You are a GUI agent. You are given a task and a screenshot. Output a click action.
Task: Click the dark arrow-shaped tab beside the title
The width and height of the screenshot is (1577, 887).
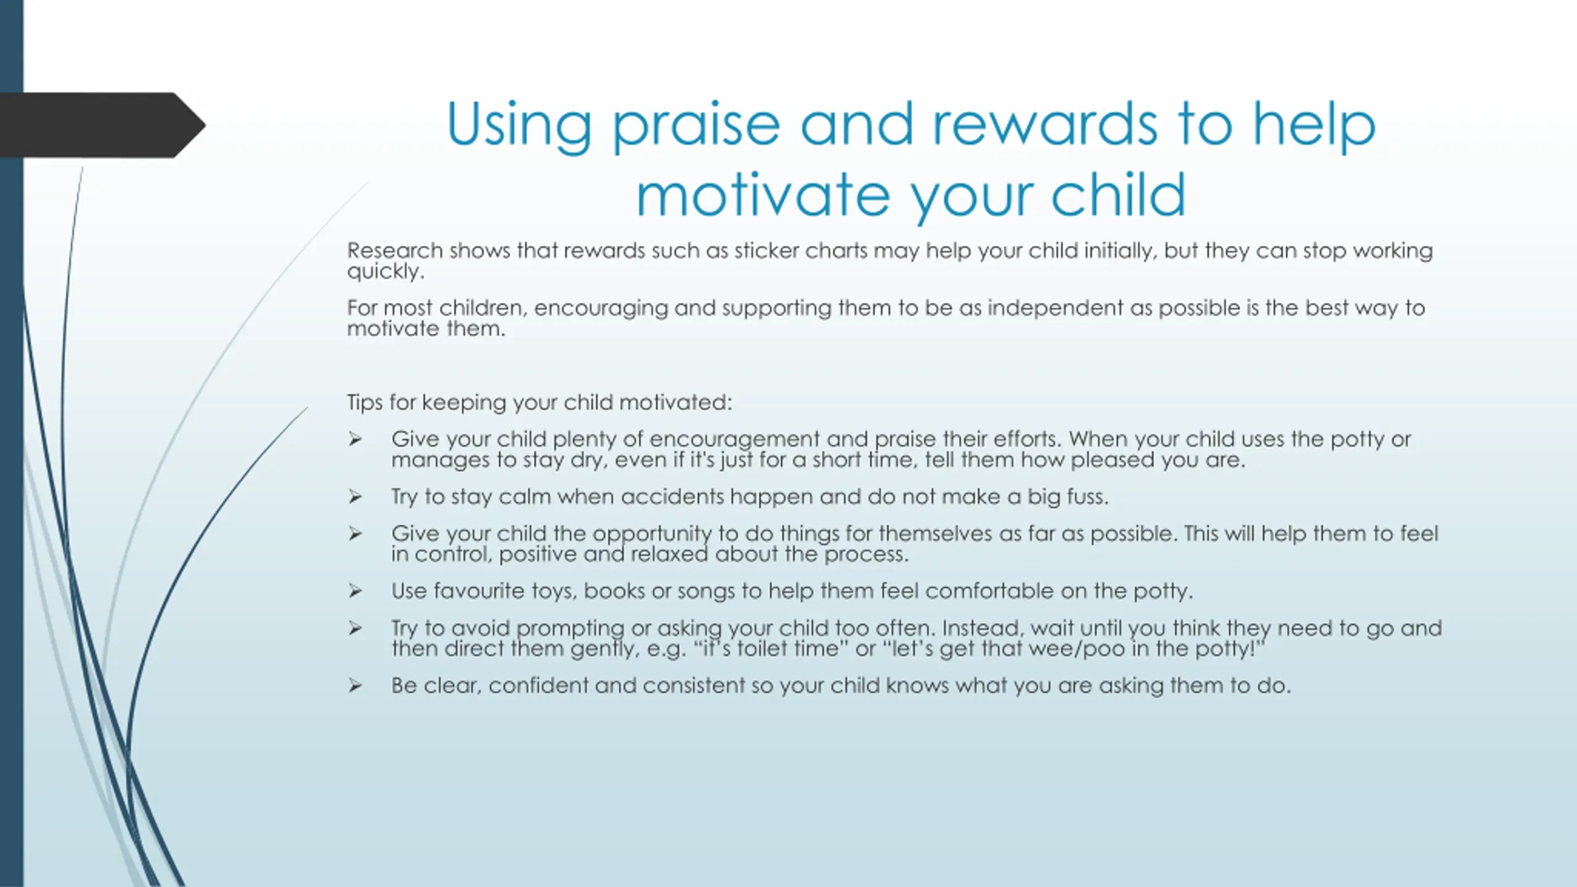(102, 125)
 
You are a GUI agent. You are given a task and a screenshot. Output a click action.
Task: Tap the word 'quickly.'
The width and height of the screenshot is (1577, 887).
(386, 272)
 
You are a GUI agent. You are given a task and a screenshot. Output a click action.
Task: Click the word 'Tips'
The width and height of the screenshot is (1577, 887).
(365, 403)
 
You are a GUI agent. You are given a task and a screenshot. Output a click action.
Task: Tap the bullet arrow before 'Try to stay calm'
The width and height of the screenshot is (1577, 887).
(355, 496)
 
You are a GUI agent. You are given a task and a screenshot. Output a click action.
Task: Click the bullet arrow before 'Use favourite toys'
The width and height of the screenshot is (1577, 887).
(355, 591)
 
